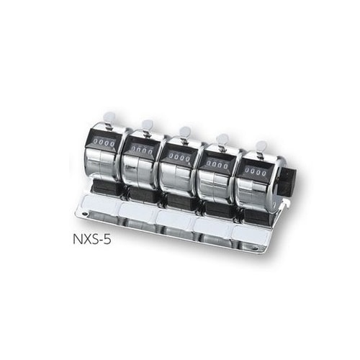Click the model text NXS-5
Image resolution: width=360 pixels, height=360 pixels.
[92, 239]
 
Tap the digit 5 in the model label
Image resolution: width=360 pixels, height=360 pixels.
[108, 239]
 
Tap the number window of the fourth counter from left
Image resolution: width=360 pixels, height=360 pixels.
[217, 165]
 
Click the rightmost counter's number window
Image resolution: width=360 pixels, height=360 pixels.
[256, 172]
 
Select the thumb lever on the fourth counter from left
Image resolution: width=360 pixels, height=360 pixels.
[222, 140]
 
